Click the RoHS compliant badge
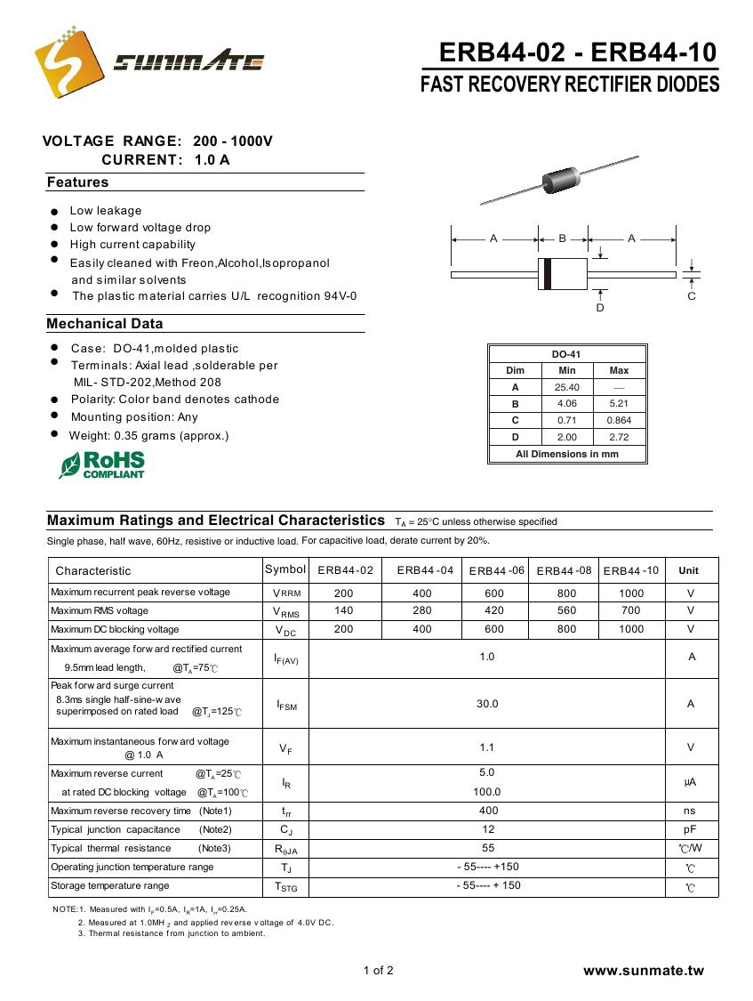102,464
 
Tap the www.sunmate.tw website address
643,970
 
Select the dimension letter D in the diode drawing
600,308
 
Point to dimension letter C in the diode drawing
692,296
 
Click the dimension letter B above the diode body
562,238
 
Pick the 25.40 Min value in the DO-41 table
566,387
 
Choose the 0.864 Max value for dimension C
619,420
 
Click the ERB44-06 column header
496,570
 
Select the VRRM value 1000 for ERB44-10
631,593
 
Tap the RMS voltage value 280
422,610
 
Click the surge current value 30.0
487,704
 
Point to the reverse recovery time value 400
488,811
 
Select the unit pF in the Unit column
689,829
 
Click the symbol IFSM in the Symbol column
286,706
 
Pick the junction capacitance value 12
488,829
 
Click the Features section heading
77,182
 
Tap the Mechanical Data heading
105,324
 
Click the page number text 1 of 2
378,970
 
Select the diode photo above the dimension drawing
559,181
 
